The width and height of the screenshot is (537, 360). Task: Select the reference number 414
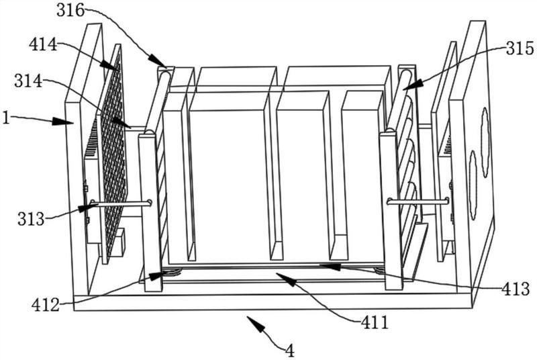42,46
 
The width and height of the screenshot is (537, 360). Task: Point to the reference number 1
6,117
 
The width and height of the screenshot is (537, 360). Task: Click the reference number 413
517,290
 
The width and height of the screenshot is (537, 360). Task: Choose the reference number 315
521,49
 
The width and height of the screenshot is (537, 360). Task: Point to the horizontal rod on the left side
121,204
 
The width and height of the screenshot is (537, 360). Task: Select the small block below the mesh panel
119,244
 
